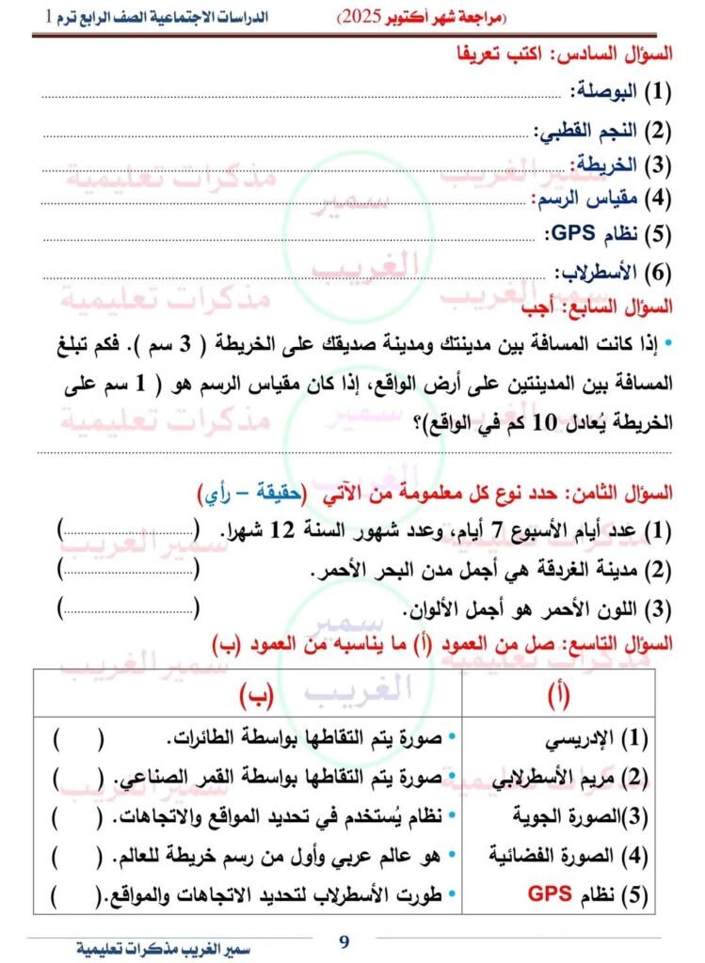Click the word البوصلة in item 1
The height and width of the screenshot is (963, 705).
pyautogui.click(x=604, y=92)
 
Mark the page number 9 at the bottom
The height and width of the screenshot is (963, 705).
pyautogui.click(x=344, y=939)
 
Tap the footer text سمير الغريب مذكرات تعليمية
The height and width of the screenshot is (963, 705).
pyautogui.click(x=155, y=948)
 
